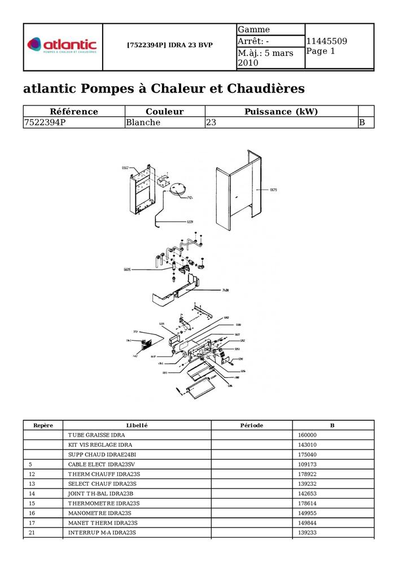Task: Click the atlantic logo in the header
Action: click(x=62, y=45)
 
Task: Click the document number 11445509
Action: click(x=326, y=41)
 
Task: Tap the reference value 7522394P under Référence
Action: click(x=45, y=122)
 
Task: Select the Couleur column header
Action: click(x=164, y=112)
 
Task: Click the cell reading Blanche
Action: click(x=143, y=122)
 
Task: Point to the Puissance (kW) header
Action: click(x=281, y=112)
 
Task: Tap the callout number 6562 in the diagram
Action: click(x=125, y=168)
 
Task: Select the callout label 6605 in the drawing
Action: click(x=127, y=270)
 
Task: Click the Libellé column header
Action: click(x=137, y=425)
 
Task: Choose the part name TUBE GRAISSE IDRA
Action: click(x=97, y=436)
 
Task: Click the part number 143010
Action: click(x=307, y=445)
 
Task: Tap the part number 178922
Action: click(x=307, y=474)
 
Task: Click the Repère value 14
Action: click(x=32, y=494)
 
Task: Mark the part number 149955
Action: click(x=307, y=513)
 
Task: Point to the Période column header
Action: click(x=251, y=425)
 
